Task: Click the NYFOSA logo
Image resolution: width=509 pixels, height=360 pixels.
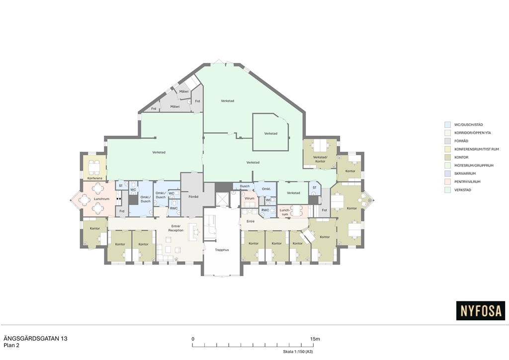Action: [x=481, y=311]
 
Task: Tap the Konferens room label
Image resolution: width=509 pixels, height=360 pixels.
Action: [x=95, y=178]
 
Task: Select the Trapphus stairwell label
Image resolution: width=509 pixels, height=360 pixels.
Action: [x=222, y=250]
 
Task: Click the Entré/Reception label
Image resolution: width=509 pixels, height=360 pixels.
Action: [x=175, y=228]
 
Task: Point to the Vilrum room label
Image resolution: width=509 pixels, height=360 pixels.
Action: [x=250, y=198]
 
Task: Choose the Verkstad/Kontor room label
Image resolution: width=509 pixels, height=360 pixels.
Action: [x=320, y=159]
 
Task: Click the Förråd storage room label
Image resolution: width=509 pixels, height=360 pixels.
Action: [x=193, y=197]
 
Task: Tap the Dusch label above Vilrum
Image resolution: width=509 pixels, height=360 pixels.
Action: [x=245, y=186]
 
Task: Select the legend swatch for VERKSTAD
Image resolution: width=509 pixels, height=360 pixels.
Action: [x=448, y=190]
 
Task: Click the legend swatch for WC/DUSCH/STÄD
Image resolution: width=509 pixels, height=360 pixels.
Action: [x=448, y=125]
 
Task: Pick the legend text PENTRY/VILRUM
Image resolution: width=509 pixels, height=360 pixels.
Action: [x=468, y=182]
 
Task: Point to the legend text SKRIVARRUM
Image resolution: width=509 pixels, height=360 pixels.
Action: [x=465, y=174]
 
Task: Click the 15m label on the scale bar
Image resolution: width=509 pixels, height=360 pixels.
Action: [x=315, y=339]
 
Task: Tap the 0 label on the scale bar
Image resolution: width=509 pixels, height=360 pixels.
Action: [x=193, y=339]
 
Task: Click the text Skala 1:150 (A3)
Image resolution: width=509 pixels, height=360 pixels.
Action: [x=298, y=352]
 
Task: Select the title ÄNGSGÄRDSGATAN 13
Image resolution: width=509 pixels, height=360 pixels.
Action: [x=35, y=339]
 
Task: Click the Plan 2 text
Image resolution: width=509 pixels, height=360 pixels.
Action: [x=11, y=346]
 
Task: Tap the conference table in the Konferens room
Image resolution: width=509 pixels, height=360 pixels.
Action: [x=94, y=167]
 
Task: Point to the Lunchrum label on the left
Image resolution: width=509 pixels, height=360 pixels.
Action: [x=101, y=199]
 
